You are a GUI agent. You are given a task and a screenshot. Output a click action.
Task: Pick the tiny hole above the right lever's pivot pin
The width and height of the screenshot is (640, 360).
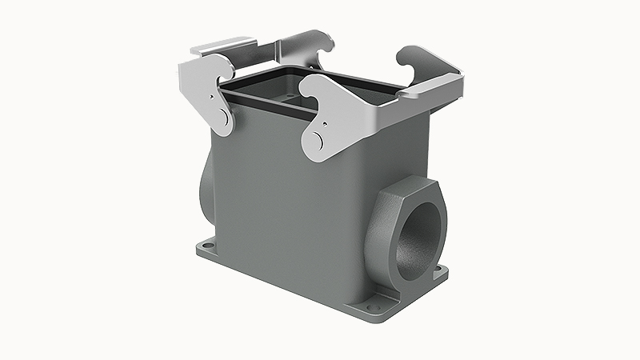pos(326,124)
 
